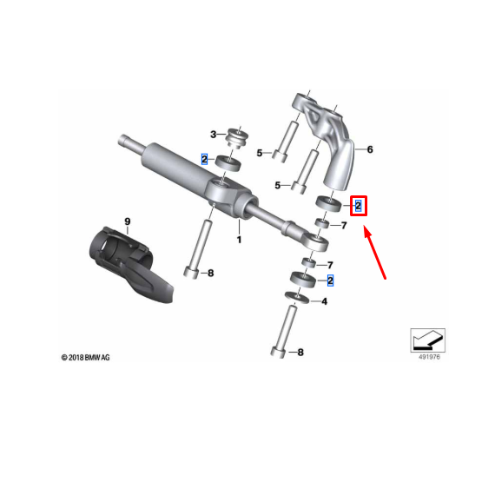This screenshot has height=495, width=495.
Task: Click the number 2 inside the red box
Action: [358, 206]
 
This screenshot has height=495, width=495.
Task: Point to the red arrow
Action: [374, 253]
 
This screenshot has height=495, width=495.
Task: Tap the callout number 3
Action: [213, 134]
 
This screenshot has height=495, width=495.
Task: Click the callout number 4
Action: [324, 301]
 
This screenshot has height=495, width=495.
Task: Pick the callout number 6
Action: [370, 150]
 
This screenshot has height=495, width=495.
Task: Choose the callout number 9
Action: [127, 222]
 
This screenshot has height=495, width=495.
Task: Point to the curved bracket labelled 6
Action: [334, 143]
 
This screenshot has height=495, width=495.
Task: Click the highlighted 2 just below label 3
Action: [205, 159]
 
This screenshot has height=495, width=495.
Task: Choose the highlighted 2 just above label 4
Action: [330, 280]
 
